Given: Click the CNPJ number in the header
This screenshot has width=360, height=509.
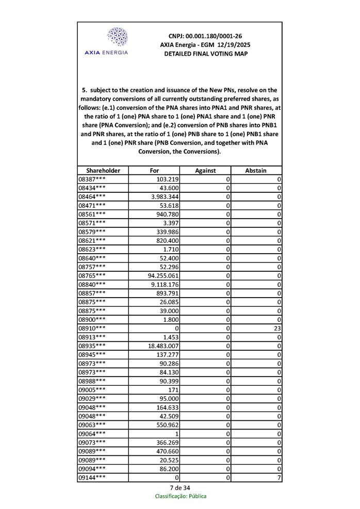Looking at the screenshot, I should pyautogui.click(x=205, y=36).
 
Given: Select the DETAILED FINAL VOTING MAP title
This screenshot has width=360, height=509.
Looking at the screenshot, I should pyautogui.click(x=205, y=54).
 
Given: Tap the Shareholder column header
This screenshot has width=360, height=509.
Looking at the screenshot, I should pyautogui.click(x=103, y=170).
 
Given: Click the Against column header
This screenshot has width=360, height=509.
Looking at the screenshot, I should pyautogui.click(x=205, y=170).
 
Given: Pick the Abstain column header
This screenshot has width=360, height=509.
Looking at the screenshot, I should pyautogui.click(x=256, y=170).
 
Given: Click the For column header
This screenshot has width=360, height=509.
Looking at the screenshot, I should pyautogui.click(x=154, y=170).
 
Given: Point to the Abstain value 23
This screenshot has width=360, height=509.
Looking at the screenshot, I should pyautogui.click(x=276, y=328).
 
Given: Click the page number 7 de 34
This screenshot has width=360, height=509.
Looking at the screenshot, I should pyautogui.click(x=179, y=487).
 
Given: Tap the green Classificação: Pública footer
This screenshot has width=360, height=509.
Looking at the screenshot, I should pyautogui.click(x=181, y=496).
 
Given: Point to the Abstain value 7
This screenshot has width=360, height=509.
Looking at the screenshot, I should pyautogui.click(x=278, y=478).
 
